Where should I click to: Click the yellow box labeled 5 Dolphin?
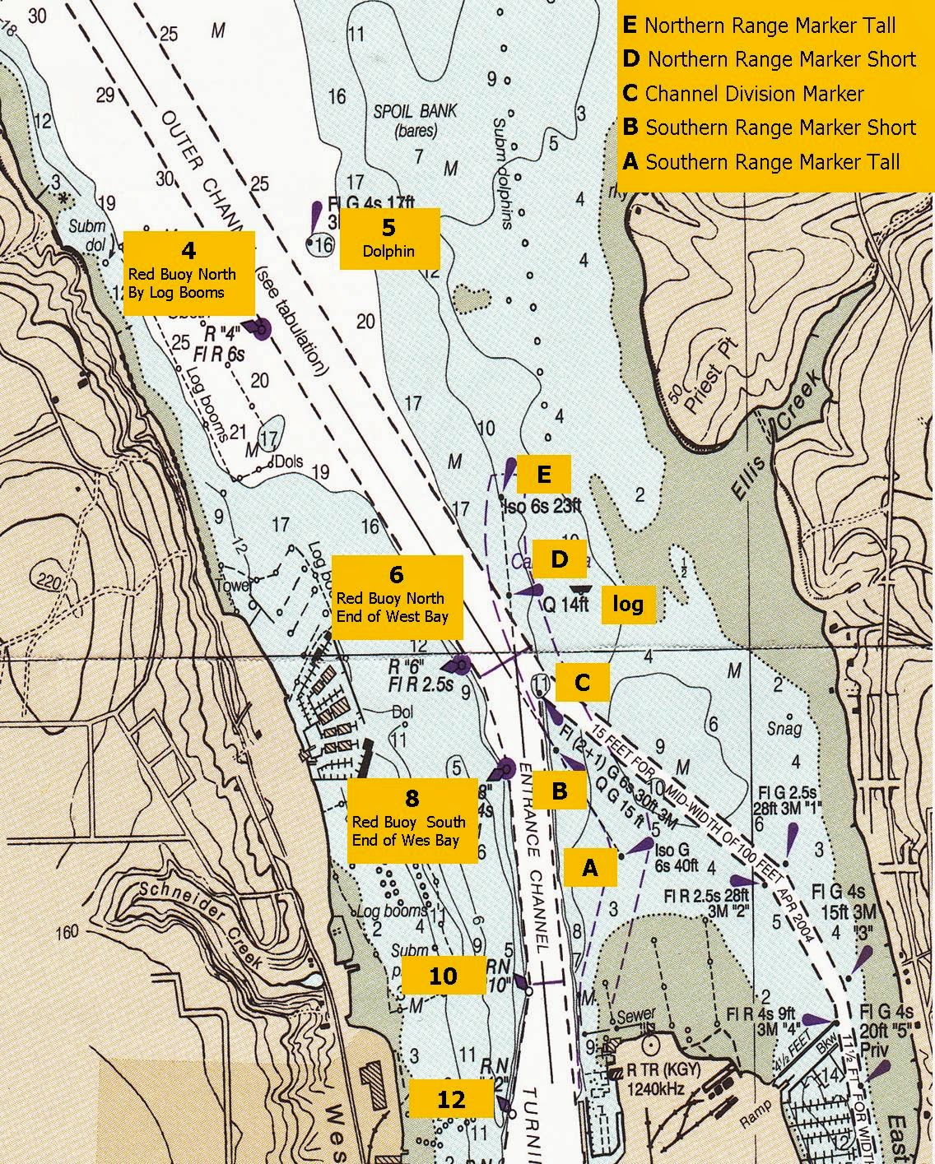[389, 239]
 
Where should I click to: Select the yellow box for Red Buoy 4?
[188, 272]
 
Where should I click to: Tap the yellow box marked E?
[542, 475]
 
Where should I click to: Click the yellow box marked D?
[559, 560]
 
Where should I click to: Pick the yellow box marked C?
[582, 682]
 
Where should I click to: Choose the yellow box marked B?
[559, 791]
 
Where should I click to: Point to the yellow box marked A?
[589, 867]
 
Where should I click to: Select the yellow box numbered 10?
[442, 976]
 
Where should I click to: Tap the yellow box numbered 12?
[450, 1100]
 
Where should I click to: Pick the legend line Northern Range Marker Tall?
[760, 26]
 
